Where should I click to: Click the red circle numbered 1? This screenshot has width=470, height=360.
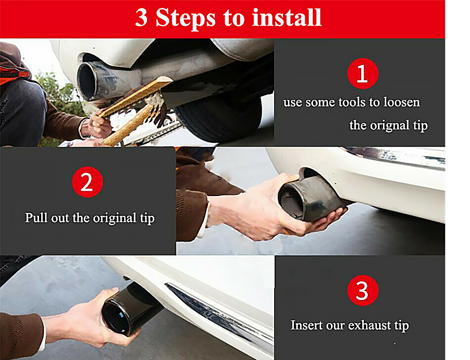click(x=363, y=73)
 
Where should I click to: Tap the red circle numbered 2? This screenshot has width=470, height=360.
click(x=88, y=182)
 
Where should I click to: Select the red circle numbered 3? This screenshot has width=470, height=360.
click(x=363, y=290)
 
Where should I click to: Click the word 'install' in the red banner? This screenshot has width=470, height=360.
click(x=286, y=17)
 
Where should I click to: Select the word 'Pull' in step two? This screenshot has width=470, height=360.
click(x=36, y=217)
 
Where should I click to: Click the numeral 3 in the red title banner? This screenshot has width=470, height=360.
click(x=141, y=17)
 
